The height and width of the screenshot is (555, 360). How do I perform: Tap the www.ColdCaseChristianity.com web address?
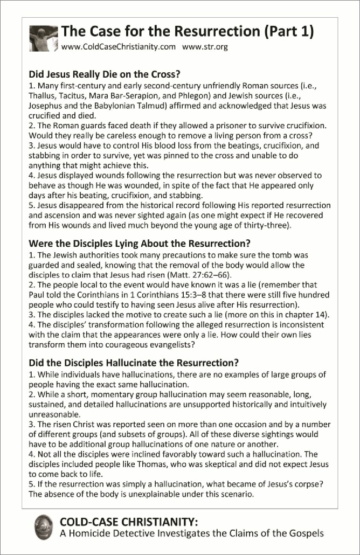(119, 47)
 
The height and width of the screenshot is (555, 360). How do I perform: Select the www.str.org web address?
(205, 47)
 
